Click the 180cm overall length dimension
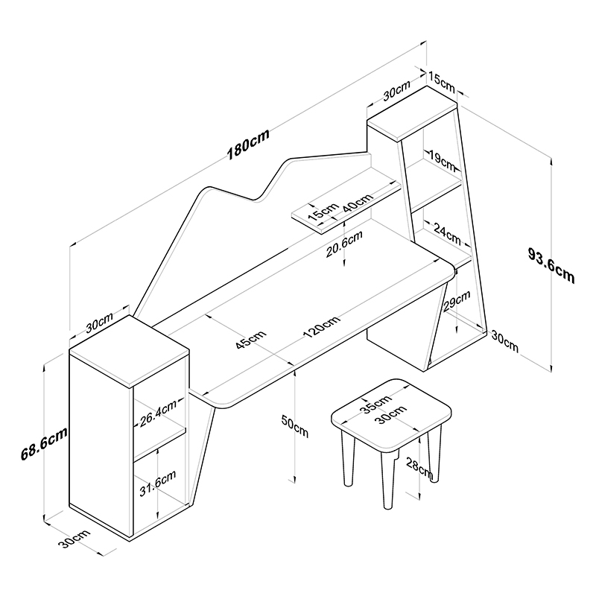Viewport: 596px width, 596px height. click(x=248, y=144)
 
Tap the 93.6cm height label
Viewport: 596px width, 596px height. click(x=551, y=264)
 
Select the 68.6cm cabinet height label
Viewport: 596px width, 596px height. click(x=44, y=443)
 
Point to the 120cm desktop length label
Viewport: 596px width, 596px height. click(x=322, y=326)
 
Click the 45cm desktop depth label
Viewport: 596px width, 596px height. click(x=251, y=340)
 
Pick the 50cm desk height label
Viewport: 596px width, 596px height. click(x=294, y=425)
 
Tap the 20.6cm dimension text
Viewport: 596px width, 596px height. click(x=344, y=244)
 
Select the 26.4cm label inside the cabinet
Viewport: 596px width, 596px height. click(x=158, y=413)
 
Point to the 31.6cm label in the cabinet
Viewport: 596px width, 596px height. click(x=157, y=484)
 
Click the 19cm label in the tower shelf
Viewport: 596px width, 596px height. click(x=442, y=160)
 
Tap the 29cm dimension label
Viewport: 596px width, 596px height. click(x=457, y=300)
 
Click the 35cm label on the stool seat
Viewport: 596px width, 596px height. click(x=376, y=404)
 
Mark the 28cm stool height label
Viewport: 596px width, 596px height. click(x=419, y=468)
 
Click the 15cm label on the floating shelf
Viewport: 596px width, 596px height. click(x=323, y=212)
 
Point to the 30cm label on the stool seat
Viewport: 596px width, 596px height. click(x=391, y=415)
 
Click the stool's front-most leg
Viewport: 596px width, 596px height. click(x=387, y=480)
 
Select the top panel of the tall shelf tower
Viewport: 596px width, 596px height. click(x=412, y=113)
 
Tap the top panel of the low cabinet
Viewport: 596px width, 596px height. click(x=129, y=352)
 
